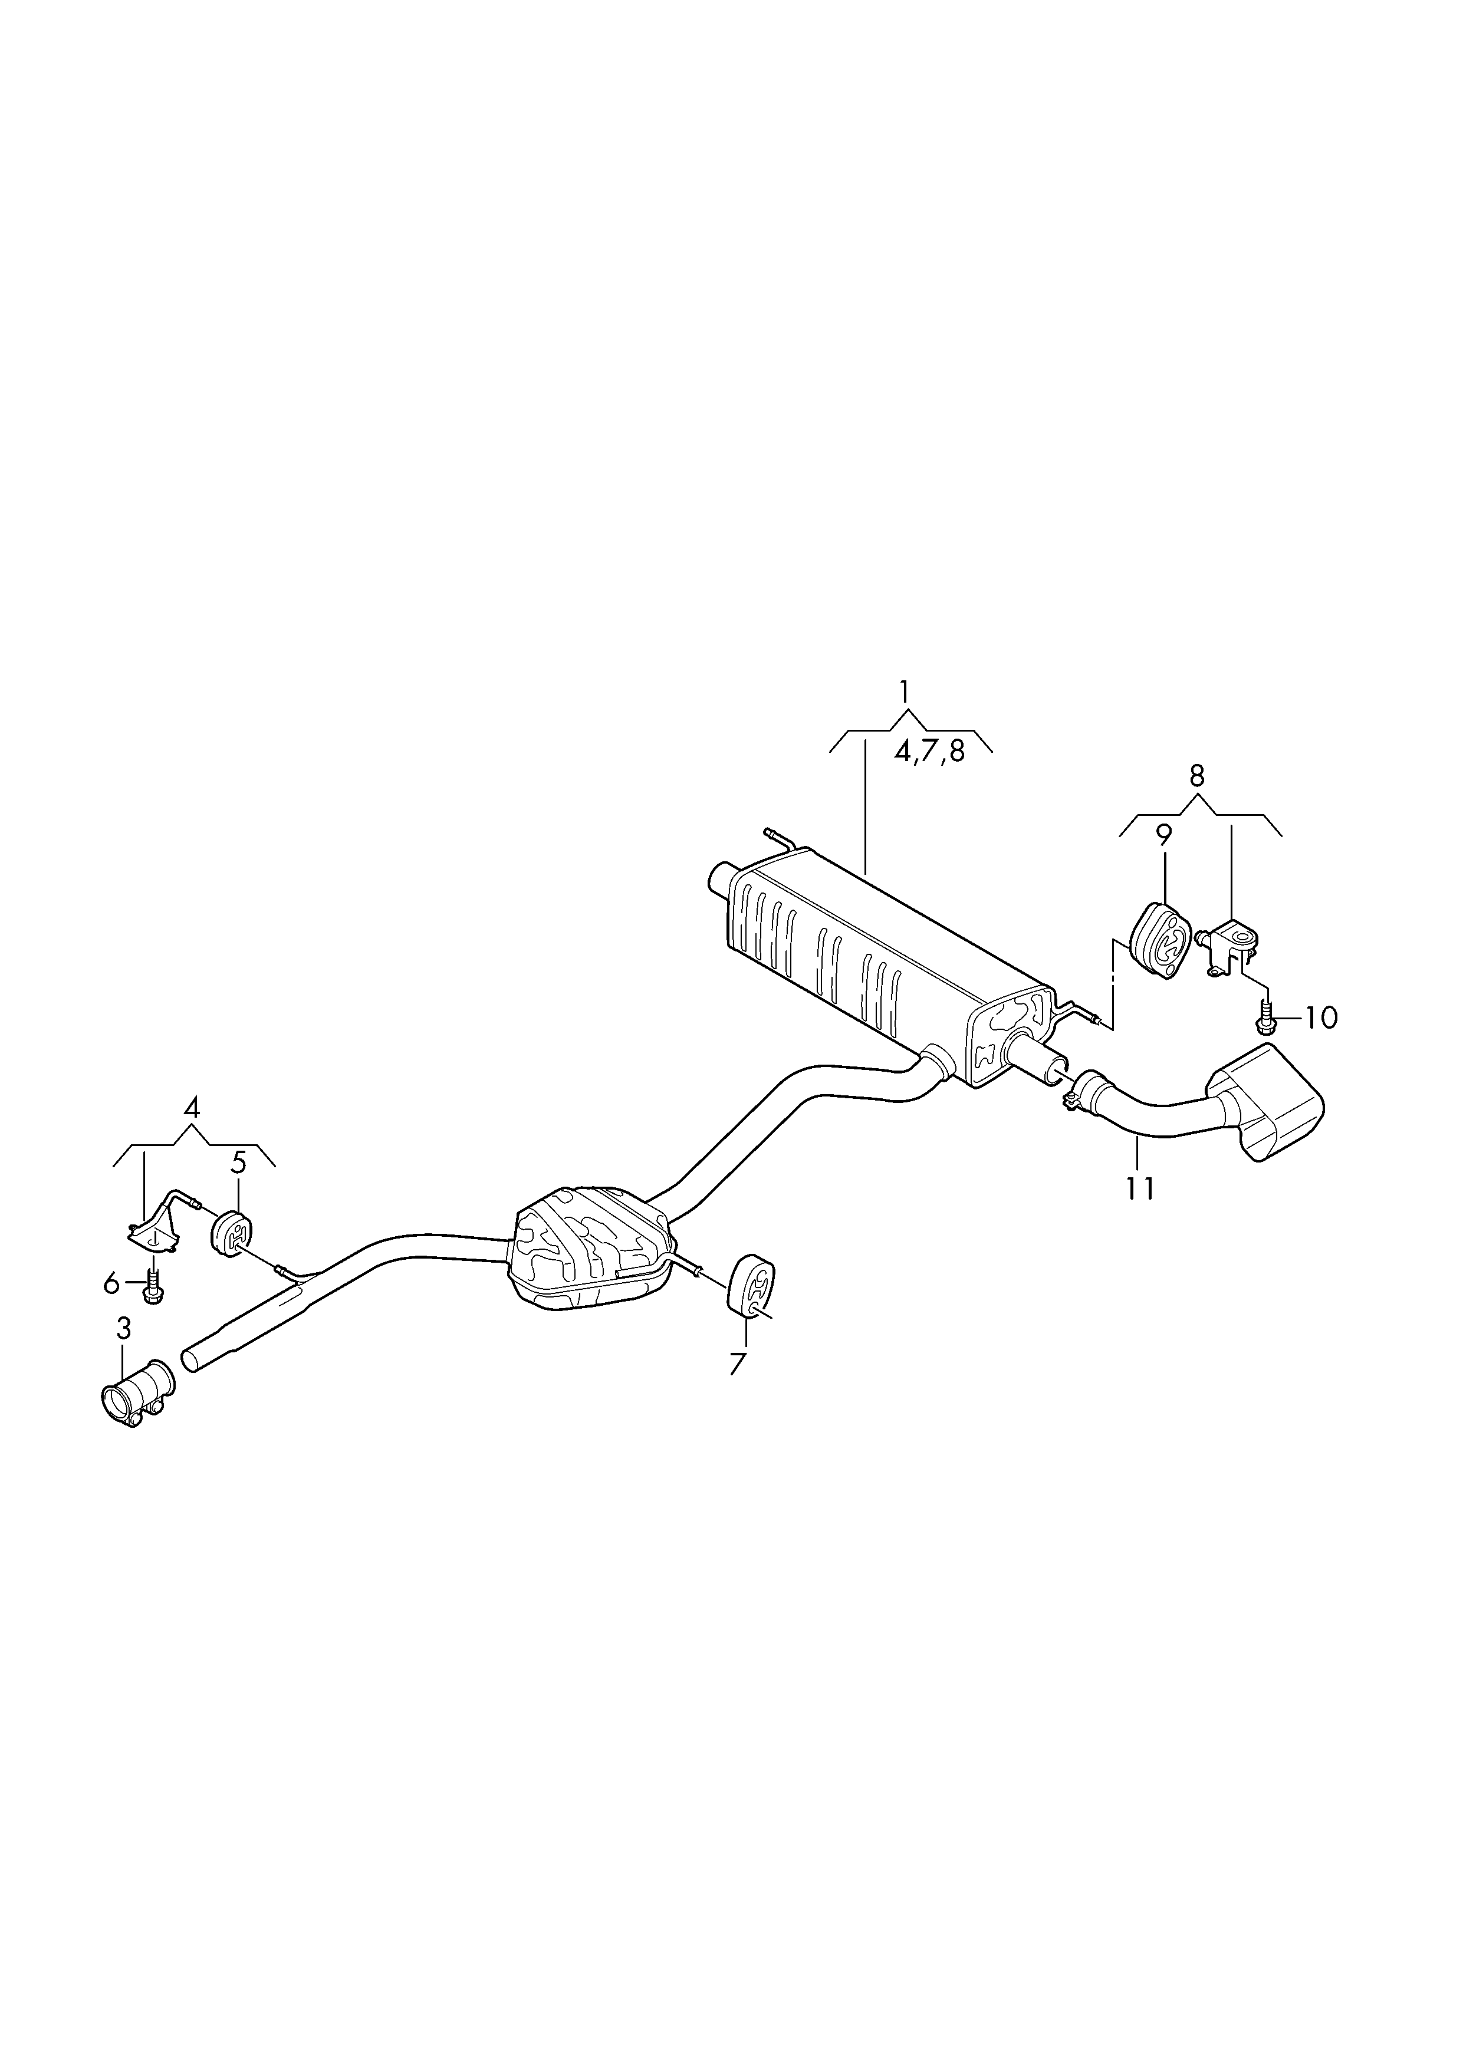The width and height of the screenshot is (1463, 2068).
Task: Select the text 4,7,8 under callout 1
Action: (929, 751)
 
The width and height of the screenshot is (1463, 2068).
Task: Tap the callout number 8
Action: (1196, 776)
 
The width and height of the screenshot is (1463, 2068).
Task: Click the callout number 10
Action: (1321, 1019)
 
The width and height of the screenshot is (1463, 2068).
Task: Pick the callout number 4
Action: (191, 1107)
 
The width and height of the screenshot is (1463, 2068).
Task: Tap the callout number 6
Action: (111, 1283)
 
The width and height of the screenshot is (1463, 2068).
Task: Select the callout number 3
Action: (123, 1328)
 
